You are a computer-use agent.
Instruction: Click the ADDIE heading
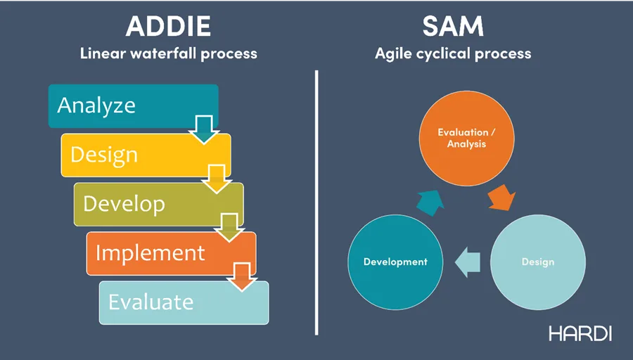point(168,26)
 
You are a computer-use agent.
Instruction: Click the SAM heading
point(453,26)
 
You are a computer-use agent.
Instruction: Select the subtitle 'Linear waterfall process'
point(168,53)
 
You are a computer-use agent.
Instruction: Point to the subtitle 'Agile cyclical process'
point(453,53)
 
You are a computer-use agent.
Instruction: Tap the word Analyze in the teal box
point(96,105)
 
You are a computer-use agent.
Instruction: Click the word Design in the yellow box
point(104,155)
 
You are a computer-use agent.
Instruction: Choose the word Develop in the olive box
point(124,204)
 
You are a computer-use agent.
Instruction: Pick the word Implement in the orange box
point(151,252)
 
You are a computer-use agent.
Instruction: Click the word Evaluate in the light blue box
point(151,302)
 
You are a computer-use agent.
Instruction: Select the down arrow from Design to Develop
point(217,179)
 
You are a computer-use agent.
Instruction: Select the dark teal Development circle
point(395,262)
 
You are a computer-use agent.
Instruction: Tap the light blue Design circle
point(537,262)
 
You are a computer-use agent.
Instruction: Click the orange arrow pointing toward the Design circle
point(501,198)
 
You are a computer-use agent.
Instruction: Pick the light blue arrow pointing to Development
point(467,262)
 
